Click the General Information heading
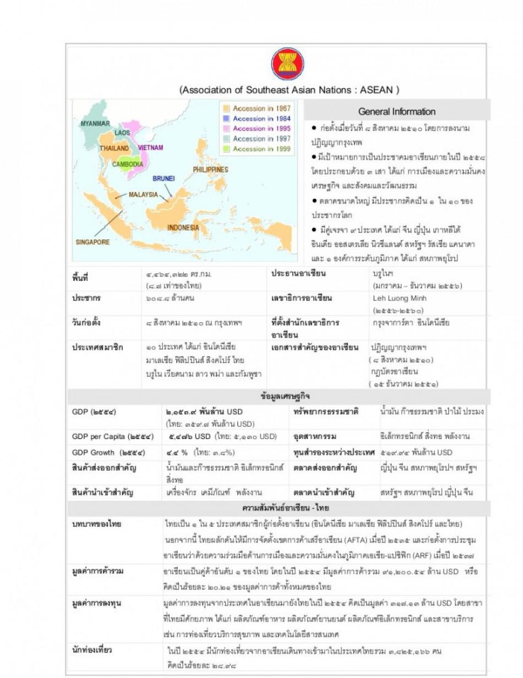coord(396,111)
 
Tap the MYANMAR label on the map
coord(95,123)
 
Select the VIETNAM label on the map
coord(150,148)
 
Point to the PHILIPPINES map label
coord(210,170)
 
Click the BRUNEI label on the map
coord(164,178)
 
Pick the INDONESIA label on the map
coord(183,227)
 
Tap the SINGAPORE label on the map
coord(92,242)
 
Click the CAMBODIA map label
coord(128,164)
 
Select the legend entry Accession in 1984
coord(261,118)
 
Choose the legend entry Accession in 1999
coord(261,149)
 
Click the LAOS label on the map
coord(122,133)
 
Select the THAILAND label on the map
coord(114,148)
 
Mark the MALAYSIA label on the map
coord(143,194)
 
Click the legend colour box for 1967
coord(225,109)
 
